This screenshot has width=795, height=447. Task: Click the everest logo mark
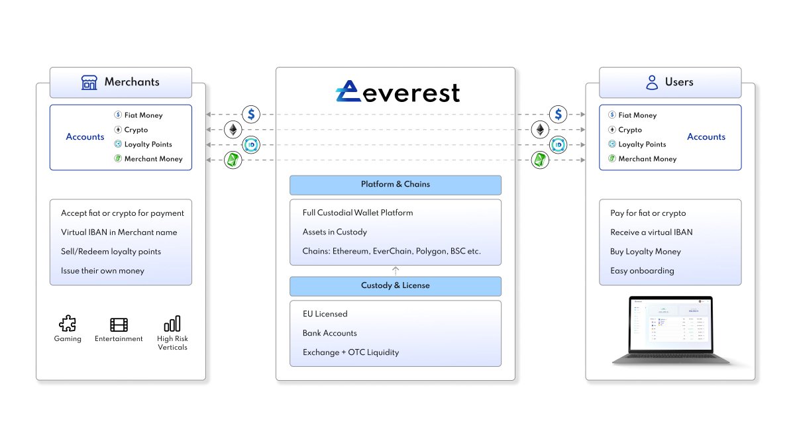click(349, 92)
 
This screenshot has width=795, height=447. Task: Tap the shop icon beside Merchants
click(89, 82)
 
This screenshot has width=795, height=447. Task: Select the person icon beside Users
click(652, 82)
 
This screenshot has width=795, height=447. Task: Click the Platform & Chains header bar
click(395, 185)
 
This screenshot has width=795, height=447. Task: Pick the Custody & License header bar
click(395, 286)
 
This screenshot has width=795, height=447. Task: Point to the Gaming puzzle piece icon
click(68, 324)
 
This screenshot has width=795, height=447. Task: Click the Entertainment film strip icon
click(119, 324)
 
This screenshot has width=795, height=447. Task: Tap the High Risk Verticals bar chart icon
click(172, 324)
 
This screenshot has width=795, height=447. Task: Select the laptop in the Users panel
click(670, 330)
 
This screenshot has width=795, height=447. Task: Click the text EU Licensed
click(325, 314)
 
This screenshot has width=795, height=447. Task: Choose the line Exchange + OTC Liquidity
click(350, 352)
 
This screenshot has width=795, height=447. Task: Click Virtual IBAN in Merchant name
click(119, 232)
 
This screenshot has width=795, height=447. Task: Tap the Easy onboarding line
click(642, 271)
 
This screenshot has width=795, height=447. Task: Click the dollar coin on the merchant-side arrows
click(251, 114)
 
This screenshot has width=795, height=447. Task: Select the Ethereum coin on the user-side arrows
click(541, 129)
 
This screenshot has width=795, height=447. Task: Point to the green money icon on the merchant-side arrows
click(233, 160)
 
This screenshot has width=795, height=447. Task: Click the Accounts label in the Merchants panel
click(85, 137)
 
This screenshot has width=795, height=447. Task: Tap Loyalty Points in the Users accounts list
click(642, 144)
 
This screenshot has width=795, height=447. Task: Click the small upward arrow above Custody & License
click(396, 270)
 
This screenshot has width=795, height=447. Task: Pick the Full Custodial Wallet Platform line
click(358, 213)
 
